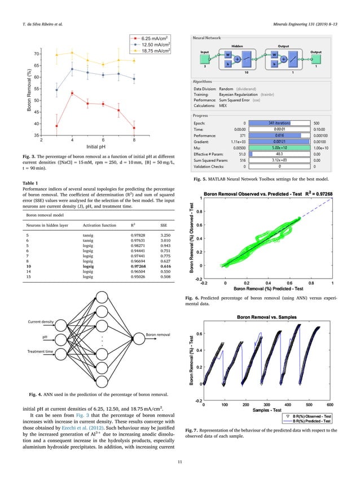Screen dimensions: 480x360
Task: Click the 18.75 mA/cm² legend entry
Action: [x=153, y=50]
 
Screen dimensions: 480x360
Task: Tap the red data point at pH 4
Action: [x=72, y=93]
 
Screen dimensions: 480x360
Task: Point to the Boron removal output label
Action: [x=158, y=335]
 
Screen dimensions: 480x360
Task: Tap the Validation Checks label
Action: [x=210, y=151]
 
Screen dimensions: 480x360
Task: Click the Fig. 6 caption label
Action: [x=192, y=297]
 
